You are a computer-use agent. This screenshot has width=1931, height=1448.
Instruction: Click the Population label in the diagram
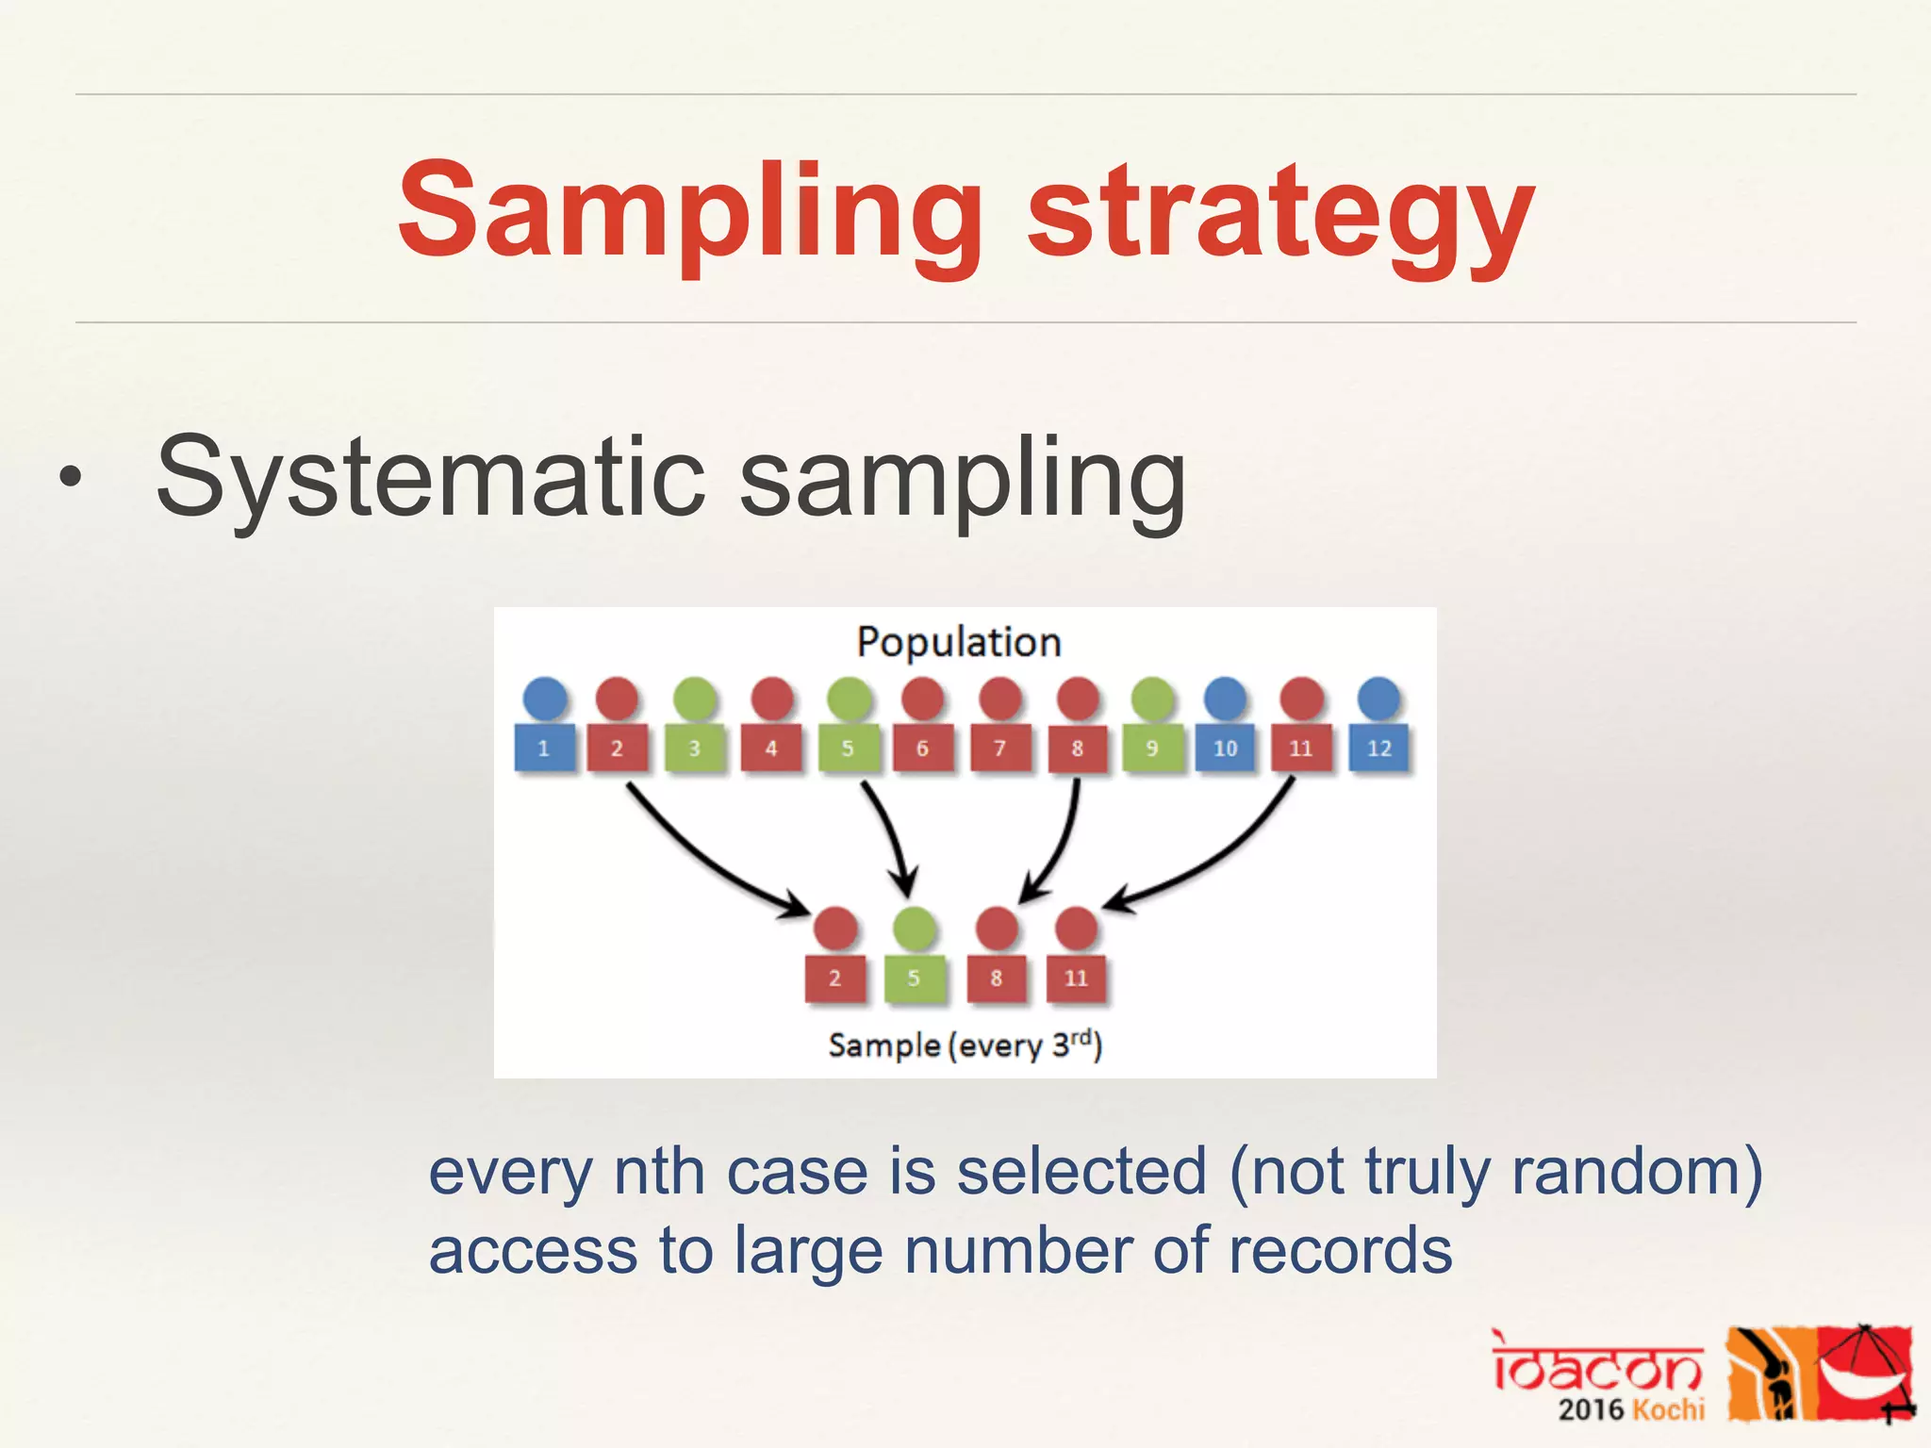pyautogui.click(x=959, y=642)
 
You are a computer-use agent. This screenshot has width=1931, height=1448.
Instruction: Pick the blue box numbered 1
pyautogui.click(x=544, y=749)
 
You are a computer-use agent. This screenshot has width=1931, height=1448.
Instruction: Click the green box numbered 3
pyautogui.click(x=695, y=749)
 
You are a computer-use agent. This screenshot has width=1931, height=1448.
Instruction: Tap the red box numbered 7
pyautogui.click(x=999, y=749)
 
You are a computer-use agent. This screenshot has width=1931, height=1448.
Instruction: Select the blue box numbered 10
pyautogui.click(x=1225, y=749)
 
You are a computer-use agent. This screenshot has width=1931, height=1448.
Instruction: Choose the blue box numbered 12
pyautogui.click(x=1378, y=749)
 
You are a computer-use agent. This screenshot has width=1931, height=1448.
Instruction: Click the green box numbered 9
pyautogui.click(x=1151, y=749)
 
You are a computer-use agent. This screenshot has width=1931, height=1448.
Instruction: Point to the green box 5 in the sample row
pyautogui.click(x=914, y=979)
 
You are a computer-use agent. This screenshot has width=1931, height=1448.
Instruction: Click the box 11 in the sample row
pyautogui.click(x=1076, y=979)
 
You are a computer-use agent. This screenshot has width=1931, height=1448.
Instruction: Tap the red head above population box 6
pyautogui.click(x=922, y=699)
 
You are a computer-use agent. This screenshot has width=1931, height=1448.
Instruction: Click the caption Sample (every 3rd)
pyautogui.click(x=965, y=1045)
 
